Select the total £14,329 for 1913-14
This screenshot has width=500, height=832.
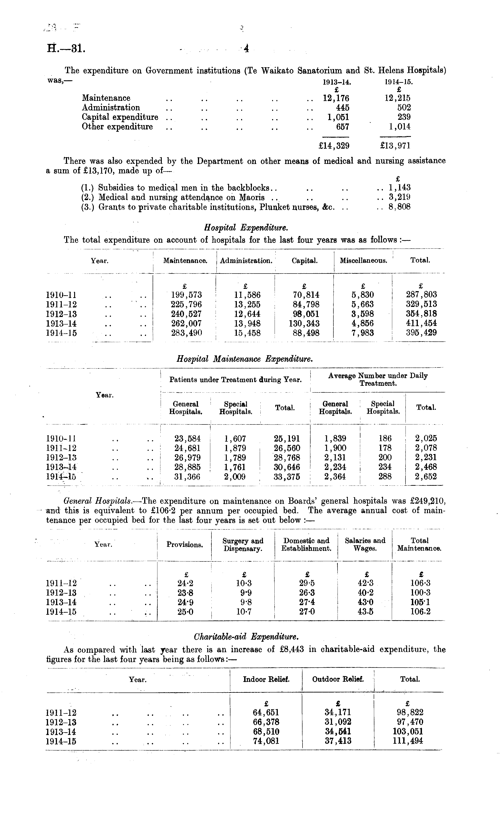click(334, 145)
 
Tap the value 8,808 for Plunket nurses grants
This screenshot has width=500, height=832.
click(400, 207)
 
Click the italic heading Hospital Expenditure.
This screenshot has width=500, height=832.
click(246, 228)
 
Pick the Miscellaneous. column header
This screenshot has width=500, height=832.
click(363, 260)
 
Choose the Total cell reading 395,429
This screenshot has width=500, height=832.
click(421, 333)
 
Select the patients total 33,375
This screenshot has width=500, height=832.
click(287, 477)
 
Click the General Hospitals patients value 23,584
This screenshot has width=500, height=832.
click(187, 438)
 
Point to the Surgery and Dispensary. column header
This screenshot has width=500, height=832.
click(243, 545)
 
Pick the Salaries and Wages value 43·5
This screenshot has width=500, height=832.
click(365, 612)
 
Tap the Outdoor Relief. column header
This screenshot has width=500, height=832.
click(338, 679)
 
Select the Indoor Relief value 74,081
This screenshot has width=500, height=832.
click(266, 741)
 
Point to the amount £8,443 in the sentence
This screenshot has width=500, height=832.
click(292, 649)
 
